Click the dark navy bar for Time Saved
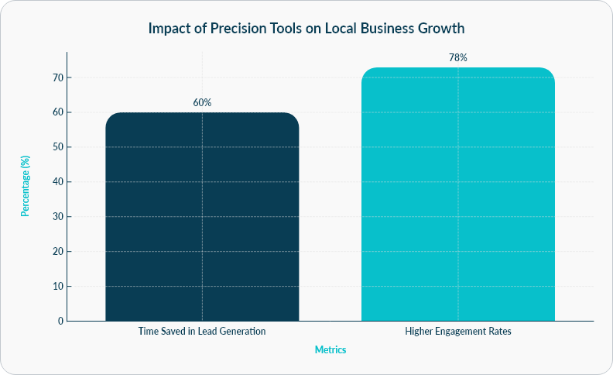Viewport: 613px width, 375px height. click(x=202, y=217)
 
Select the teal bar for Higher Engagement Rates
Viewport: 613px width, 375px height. click(x=458, y=194)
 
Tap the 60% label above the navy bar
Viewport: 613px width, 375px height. click(x=202, y=102)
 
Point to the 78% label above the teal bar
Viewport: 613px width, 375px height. click(x=458, y=57)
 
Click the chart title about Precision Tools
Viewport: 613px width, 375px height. click(x=306, y=29)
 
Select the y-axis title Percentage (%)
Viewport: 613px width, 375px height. click(x=26, y=186)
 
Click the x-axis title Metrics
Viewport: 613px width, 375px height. click(x=330, y=349)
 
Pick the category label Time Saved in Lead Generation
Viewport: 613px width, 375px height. click(x=202, y=331)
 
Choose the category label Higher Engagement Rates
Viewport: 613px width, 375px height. click(x=458, y=331)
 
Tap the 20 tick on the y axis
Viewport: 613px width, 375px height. click(x=57, y=251)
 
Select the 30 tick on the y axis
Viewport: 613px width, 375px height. click(x=57, y=216)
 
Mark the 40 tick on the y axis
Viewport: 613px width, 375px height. click(x=57, y=182)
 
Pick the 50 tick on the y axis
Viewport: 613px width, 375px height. click(x=57, y=147)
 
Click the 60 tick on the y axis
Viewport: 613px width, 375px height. click(x=57, y=112)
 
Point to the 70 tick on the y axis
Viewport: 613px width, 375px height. click(x=57, y=77)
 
